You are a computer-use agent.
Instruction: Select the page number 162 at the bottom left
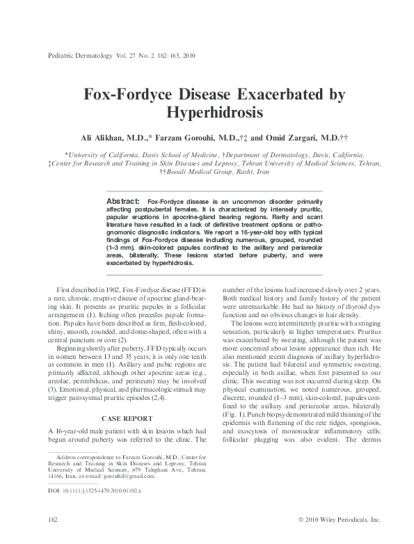click(x=49, y=519)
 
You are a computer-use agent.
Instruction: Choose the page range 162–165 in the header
click(x=161, y=55)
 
